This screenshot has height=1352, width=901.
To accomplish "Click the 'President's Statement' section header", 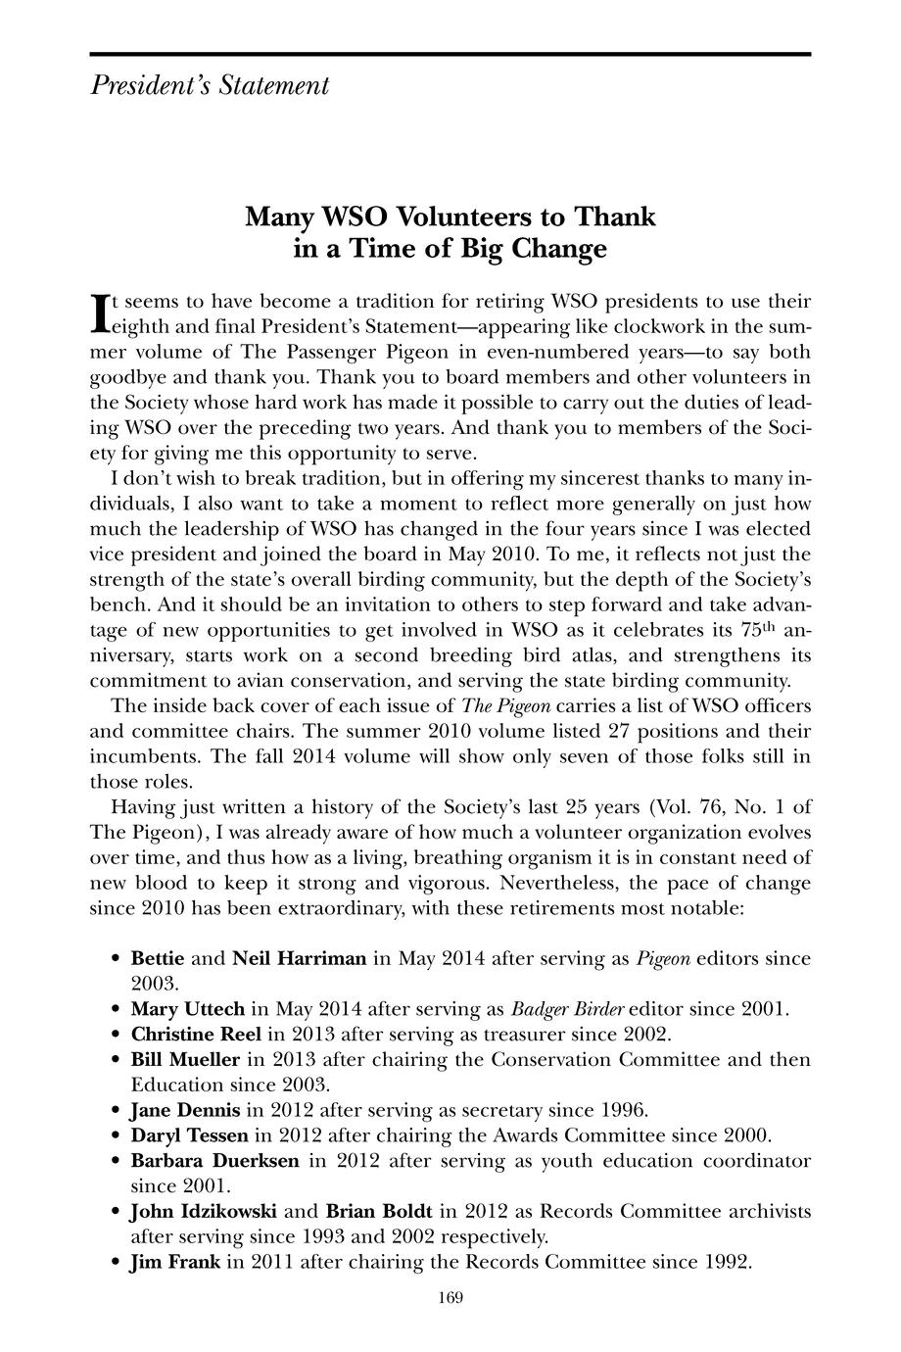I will pos(210,86).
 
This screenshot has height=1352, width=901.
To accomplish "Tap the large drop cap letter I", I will pos(97,311).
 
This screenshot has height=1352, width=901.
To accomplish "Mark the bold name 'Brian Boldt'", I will pos(379,1211).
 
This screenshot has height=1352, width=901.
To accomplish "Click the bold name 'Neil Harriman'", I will pos(299,958).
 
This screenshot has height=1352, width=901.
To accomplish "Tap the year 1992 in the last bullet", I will pos(728,1262).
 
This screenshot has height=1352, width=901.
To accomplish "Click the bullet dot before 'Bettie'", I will pos(117,959).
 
